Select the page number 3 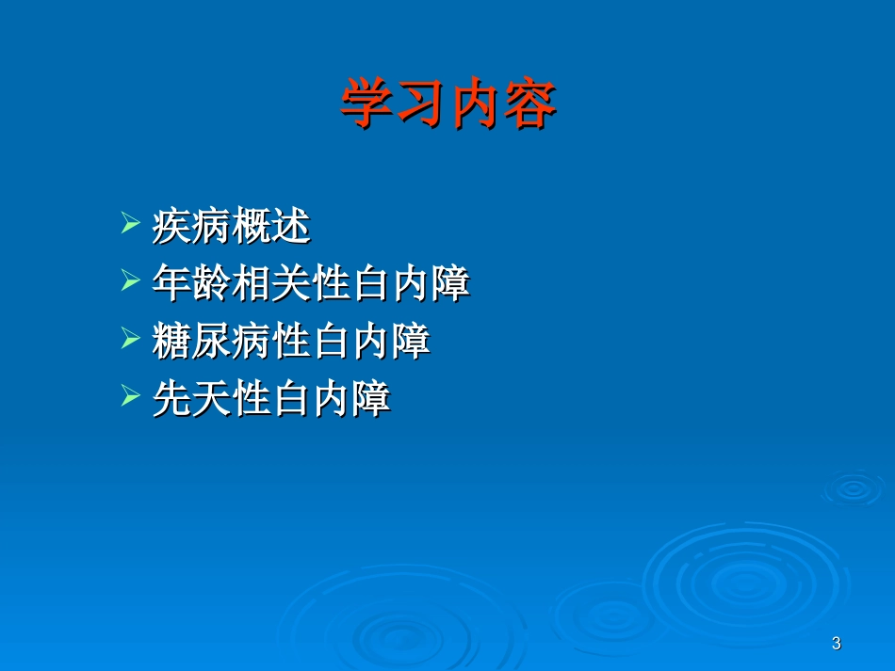coord(837,644)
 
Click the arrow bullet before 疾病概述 coord(130,226)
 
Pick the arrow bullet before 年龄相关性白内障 coord(130,283)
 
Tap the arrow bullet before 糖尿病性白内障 coord(130,341)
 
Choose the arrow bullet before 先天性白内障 coord(130,398)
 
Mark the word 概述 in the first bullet coord(270,227)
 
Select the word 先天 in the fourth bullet coord(191,399)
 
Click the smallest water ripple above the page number coord(852,487)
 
